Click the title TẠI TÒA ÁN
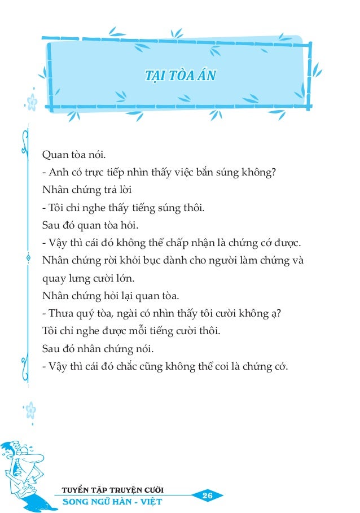click(180, 75)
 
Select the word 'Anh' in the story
click(59, 172)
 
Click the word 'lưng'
click(77, 279)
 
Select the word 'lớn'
click(128, 279)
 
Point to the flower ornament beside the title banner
click(33, 102)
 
